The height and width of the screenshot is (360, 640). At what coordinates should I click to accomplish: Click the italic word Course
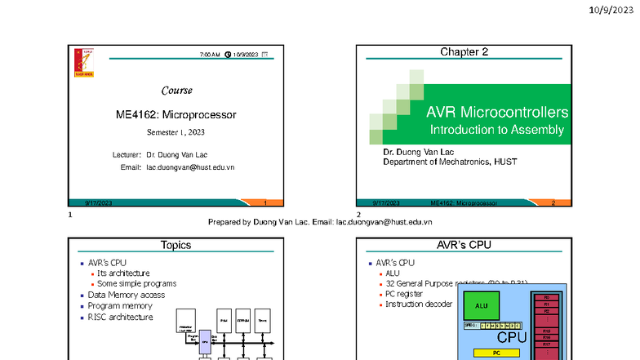(x=176, y=90)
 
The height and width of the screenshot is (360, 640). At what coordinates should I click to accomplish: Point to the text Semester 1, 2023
(x=176, y=132)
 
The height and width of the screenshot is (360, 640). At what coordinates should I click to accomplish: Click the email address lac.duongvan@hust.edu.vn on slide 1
(x=190, y=167)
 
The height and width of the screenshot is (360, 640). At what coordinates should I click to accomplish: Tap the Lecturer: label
(x=127, y=153)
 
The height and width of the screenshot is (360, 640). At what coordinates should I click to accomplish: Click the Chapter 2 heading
(x=464, y=52)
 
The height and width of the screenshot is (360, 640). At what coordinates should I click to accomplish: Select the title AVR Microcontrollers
(x=496, y=112)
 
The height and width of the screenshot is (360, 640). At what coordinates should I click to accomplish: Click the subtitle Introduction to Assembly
(x=496, y=130)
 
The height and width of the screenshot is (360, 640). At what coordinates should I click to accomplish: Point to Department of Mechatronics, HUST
(x=450, y=162)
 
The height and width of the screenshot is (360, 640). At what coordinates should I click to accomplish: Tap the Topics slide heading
(x=176, y=244)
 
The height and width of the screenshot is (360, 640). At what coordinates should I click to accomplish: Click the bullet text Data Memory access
(x=127, y=295)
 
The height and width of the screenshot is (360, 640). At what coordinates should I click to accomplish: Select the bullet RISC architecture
(x=121, y=317)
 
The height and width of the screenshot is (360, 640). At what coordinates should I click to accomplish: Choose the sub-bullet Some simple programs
(x=137, y=283)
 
